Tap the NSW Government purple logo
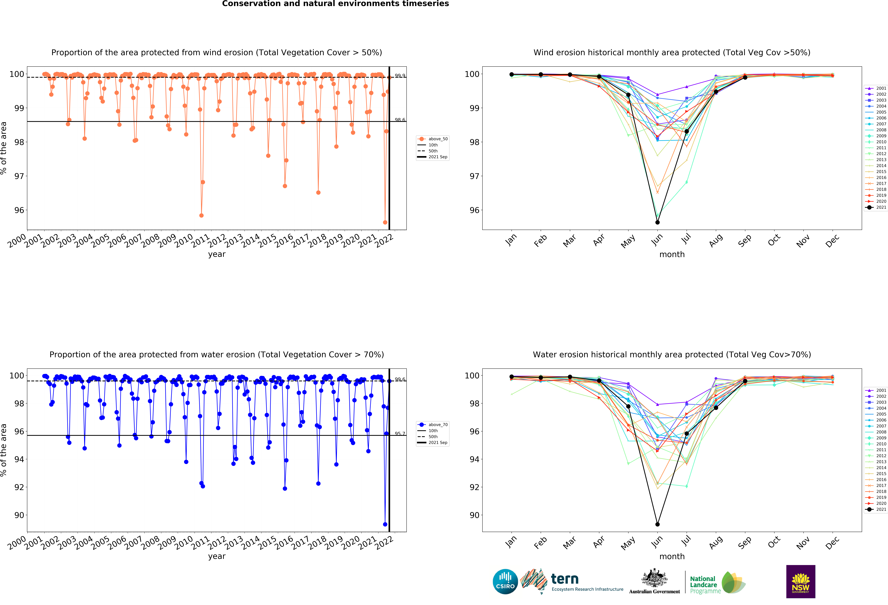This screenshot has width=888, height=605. (x=800, y=581)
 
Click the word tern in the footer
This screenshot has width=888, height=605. (x=565, y=579)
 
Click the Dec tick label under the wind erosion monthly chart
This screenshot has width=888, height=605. (x=832, y=241)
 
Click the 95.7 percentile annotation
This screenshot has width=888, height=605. (x=400, y=434)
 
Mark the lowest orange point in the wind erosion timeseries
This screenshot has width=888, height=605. (x=385, y=222)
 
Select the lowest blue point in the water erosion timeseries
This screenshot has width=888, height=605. (x=385, y=524)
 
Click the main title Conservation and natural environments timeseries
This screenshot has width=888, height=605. (x=335, y=4)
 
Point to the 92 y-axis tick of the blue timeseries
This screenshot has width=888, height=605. (x=19, y=487)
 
